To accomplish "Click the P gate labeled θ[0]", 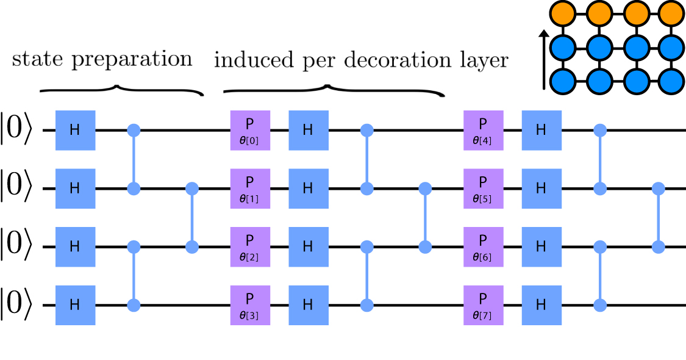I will (250, 130).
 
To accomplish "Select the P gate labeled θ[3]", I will (250, 304).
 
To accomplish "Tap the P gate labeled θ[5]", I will (483, 189).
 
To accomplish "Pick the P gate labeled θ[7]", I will (483, 304).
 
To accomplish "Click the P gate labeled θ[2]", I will (250, 247).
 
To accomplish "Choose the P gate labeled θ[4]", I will (483, 130).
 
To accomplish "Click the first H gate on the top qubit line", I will (75, 130).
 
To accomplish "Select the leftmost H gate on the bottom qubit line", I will (75, 304).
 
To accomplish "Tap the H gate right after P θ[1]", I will (308, 189).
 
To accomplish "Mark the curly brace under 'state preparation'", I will (121, 91).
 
